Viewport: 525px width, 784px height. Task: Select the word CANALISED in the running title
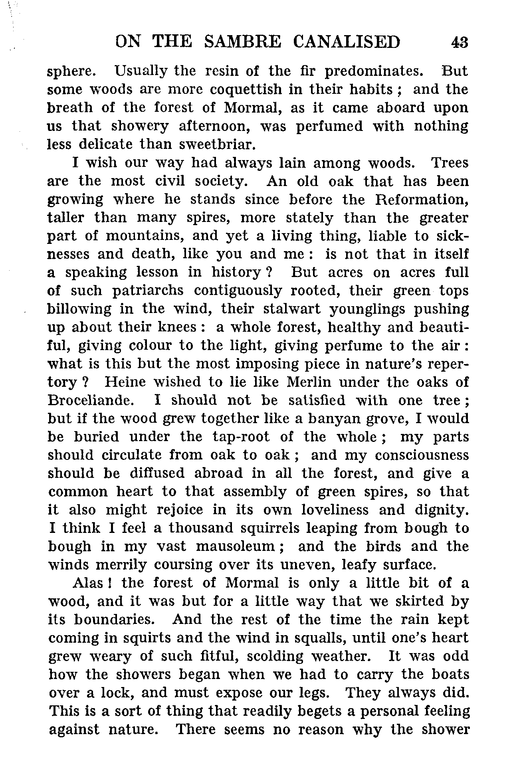[x=347, y=42]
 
